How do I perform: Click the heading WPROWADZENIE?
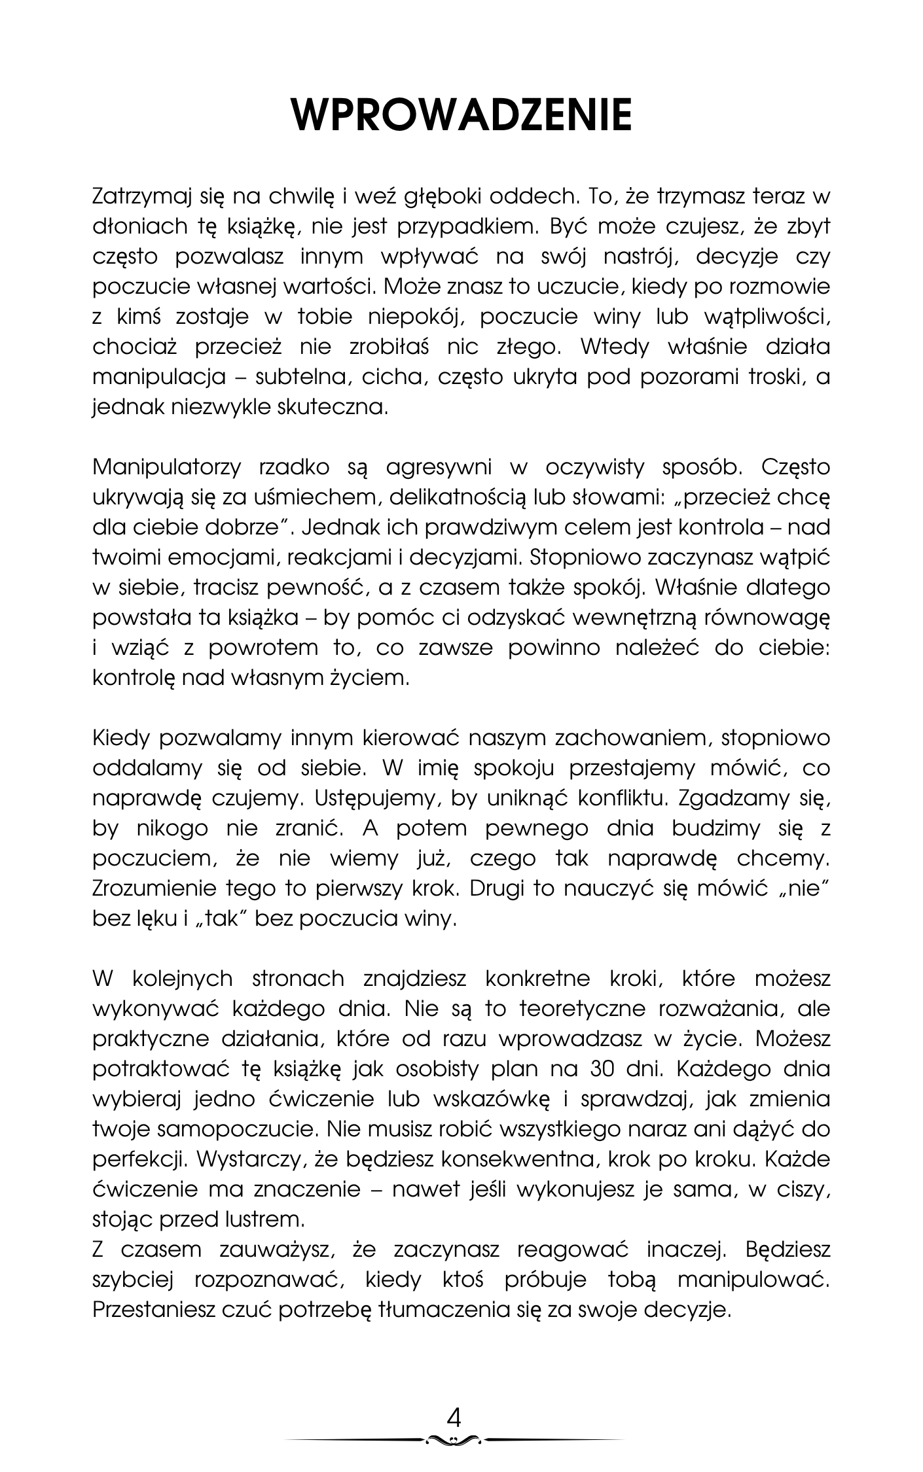coord(461,115)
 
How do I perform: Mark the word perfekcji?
coord(137,1160)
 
